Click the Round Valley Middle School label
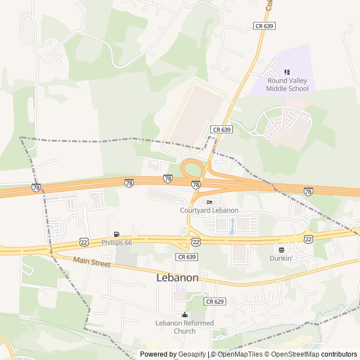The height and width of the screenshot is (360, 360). tap(287, 85)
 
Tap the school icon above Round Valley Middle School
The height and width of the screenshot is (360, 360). tap(287, 72)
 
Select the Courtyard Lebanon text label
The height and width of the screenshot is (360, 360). tap(209, 210)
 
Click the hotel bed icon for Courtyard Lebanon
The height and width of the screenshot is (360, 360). tap(209, 202)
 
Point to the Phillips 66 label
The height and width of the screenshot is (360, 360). tap(116, 242)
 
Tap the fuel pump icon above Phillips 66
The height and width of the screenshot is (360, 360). tap(116, 234)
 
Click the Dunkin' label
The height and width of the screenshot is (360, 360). tap(281, 258)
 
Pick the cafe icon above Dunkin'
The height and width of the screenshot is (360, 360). tap(281, 250)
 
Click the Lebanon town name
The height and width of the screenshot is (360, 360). tap(177, 278)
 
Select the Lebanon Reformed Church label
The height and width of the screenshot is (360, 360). tap(184, 327)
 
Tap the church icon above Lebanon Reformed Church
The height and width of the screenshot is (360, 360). tap(184, 315)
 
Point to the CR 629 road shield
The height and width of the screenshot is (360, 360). tap(214, 301)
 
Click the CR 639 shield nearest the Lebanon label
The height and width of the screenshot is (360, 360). tap(186, 256)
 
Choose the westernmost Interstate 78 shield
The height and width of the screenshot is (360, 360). tap(36, 187)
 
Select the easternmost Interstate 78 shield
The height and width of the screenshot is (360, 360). tap(308, 192)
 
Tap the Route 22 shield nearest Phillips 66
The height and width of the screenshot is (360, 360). tap(84, 241)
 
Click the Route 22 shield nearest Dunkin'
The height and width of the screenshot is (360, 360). tap(308, 239)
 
